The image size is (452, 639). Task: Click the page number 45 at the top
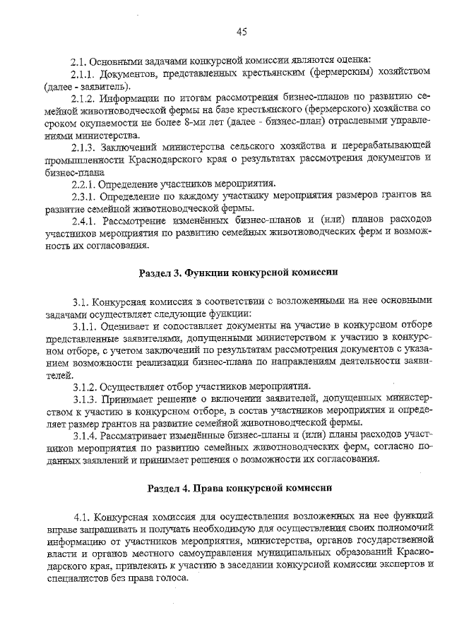242,30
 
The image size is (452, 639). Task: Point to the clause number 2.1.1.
85,73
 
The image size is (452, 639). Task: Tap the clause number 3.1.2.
85,387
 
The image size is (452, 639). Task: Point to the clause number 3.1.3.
85,399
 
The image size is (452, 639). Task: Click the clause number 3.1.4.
85,436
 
